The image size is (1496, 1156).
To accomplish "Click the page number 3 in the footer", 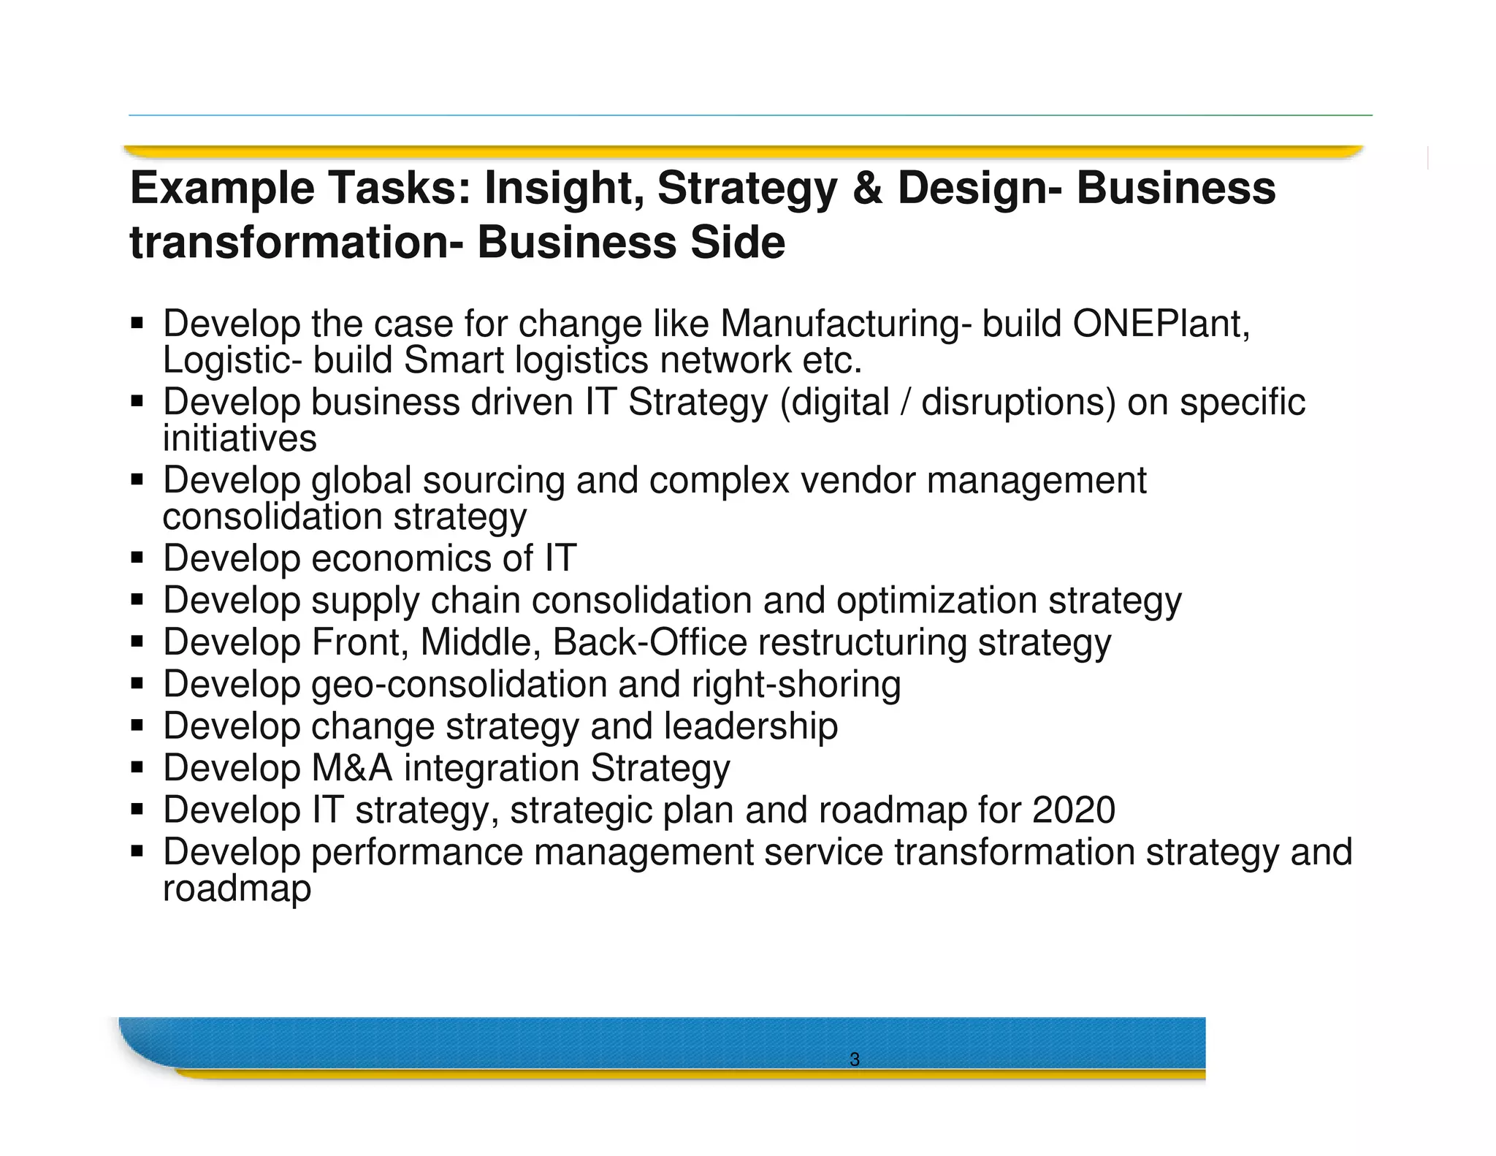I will click(x=855, y=1060).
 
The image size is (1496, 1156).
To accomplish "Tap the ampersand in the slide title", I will click(x=866, y=189).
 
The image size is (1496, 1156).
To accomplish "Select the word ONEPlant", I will click(x=1161, y=324).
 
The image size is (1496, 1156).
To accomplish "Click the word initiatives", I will click(x=240, y=438).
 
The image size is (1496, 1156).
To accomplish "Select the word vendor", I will click(x=858, y=481).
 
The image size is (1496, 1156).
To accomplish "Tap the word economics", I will click(x=402, y=559).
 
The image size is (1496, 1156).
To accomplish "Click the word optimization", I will click(x=936, y=601).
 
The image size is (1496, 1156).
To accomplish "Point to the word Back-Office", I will click(x=649, y=642).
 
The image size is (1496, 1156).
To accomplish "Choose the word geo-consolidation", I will click(x=459, y=685).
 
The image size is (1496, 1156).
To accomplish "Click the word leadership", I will click(x=751, y=726).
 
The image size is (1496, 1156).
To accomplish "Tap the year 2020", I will click(x=1074, y=810).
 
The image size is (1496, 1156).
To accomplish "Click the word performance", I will click(x=417, y=852).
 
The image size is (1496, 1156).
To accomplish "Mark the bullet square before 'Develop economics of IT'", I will click(x=137, y=559).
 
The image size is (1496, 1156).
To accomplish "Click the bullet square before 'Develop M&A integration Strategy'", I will click(x=137, y=769).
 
